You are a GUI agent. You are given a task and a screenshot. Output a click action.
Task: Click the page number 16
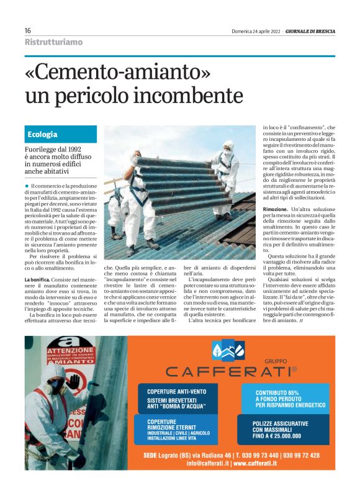pos(28,30)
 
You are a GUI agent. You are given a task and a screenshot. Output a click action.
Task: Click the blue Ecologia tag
pos(43,134)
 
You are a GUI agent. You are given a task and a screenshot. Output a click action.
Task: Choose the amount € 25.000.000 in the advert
pos(286,436)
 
